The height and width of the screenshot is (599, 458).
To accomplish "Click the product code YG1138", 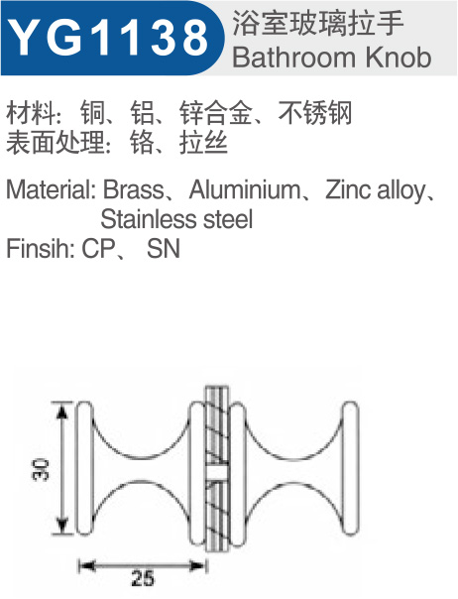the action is coord(108,38).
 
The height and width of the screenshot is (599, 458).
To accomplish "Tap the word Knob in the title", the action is coord(399,58).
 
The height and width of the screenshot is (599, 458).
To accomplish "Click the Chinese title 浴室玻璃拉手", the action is coord(318,24).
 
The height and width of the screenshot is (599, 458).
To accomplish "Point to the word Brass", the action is coord(134,189).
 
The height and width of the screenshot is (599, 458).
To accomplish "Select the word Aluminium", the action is coord(245,189).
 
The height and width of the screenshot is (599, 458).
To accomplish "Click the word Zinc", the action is coord(349,189).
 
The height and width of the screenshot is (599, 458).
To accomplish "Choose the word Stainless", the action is coord(149,219).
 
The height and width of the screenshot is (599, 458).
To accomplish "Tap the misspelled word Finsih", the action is coord(40,249).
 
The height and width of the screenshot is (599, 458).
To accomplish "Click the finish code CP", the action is coord(98,249).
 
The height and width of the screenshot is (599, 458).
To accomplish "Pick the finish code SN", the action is coord(164,249).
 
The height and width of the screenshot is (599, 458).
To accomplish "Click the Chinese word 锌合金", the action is coord(216,113).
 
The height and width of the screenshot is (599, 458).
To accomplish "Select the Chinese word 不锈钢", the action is coord(315,113).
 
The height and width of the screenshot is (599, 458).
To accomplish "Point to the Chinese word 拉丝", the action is coord(203,142).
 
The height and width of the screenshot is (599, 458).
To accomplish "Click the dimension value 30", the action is coord(41,469).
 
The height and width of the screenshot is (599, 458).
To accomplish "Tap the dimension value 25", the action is coord(143,578).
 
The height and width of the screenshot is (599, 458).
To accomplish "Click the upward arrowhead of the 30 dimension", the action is coord(62,410).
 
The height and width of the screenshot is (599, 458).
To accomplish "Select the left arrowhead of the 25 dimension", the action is coord(86,565).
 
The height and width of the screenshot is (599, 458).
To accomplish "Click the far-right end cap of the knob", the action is coord(350,468).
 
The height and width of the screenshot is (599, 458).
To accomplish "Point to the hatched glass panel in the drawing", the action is coord(217,469).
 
